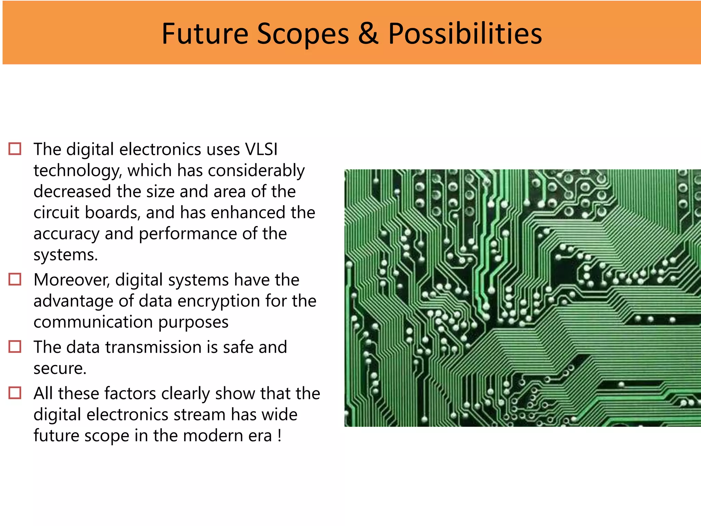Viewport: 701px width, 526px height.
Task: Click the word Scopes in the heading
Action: pyautogui.click(x=303, y=34)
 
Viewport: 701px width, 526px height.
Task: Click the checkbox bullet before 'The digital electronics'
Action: pyautogui.click(x=15, y=149)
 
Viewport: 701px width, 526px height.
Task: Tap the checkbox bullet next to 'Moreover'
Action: pyautogui.click(x=15, y=279)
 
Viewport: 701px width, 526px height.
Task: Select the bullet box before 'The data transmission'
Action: pyautogui.click(x=15, y=347)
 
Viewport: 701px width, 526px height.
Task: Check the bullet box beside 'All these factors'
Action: pyautogui.click(x=15, y=393)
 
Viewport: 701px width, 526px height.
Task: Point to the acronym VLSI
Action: pyautogui.click(x=261, y=149)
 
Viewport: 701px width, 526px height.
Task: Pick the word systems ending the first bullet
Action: pyautogui.click(x=65, y=255)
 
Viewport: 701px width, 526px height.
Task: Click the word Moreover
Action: pyautogui.click(x=72, y=280)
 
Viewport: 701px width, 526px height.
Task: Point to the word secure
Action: pyautogui.click(x=60, y=368)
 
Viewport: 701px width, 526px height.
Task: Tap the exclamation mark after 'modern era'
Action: pyautogui.click(x=280, y=436)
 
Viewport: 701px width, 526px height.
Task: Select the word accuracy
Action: pyautogui.click(x=66, y=234)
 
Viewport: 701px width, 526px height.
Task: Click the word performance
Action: pyautogui.click(x=188, y=234)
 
